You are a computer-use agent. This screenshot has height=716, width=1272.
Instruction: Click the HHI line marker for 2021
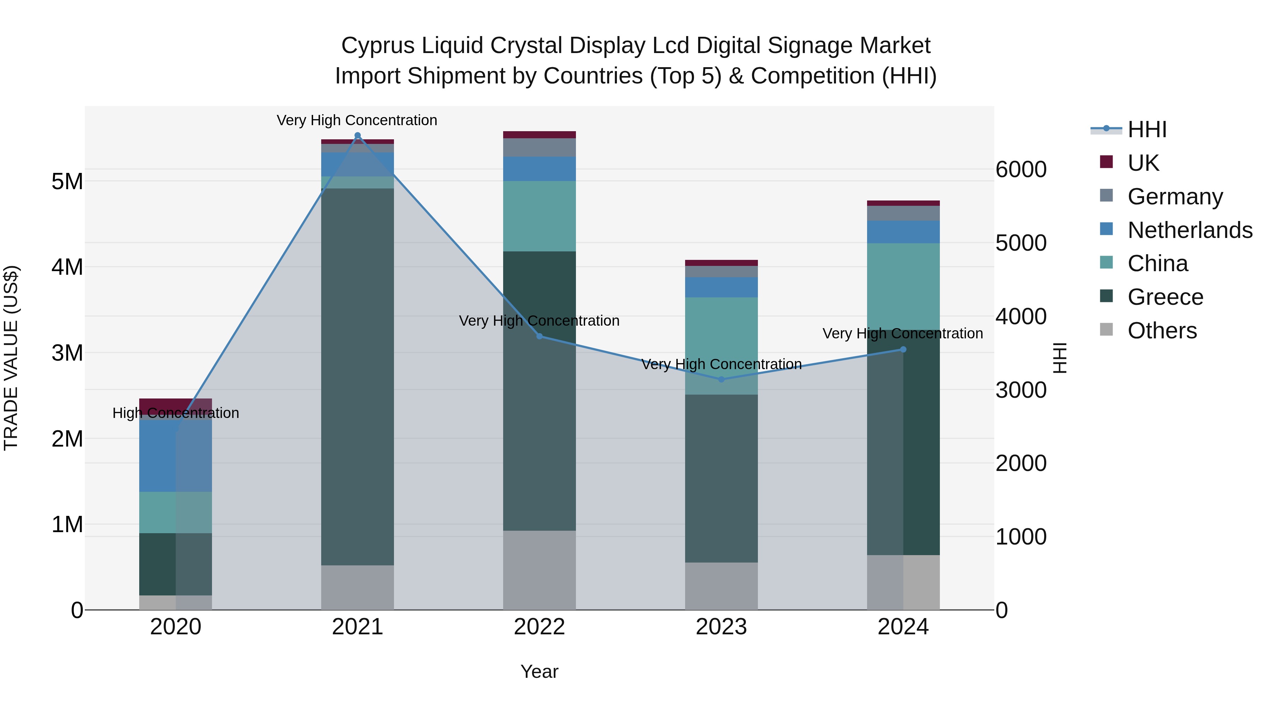358,135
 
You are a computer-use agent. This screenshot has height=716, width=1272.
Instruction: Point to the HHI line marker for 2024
903,349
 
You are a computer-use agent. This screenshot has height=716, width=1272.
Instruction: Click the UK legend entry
1143,163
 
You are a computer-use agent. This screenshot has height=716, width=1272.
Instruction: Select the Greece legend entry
1165,297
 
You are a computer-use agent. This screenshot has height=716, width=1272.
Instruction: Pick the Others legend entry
1162,331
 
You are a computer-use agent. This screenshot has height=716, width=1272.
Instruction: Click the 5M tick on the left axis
67,181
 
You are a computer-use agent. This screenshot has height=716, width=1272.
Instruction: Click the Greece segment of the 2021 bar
358,376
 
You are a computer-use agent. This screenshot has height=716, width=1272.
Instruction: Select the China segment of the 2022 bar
539,216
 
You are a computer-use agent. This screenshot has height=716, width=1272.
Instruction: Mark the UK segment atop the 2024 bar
903,203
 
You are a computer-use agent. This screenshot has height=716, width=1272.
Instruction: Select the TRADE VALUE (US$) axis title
11,358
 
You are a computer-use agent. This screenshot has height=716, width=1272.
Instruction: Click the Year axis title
539,671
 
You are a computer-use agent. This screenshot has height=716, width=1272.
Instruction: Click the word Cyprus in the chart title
378,46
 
